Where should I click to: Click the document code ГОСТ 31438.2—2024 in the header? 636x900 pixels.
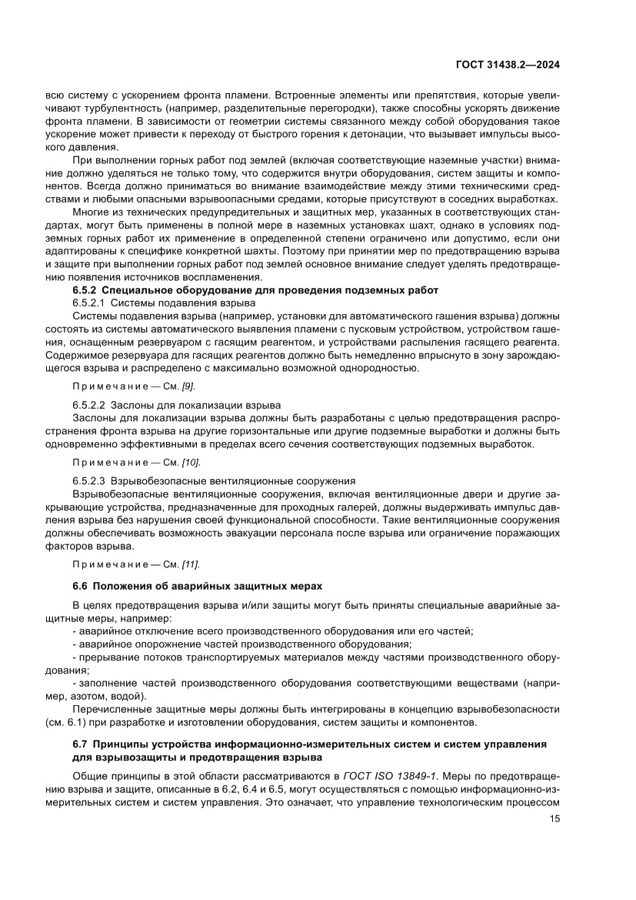coord(508,65)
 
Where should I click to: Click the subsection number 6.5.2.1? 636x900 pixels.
coord(89,303)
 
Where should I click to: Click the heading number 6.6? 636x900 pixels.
coord(80,587)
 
